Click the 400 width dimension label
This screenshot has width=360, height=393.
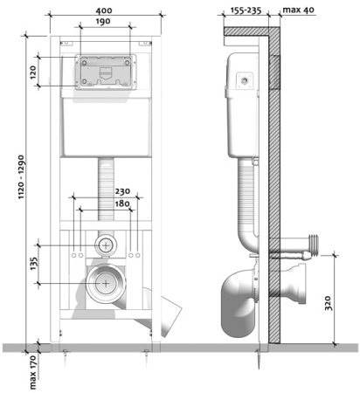104,10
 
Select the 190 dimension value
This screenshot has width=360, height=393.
103,22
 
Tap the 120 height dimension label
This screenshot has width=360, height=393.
33,72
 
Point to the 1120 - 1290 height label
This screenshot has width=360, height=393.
22,177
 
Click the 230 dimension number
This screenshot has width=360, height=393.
122,191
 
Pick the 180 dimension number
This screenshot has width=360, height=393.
122,203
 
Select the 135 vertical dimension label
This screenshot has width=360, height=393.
34,264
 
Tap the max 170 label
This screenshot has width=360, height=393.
33,372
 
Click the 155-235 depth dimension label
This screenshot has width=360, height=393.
246,10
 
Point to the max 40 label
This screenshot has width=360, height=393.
298,10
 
